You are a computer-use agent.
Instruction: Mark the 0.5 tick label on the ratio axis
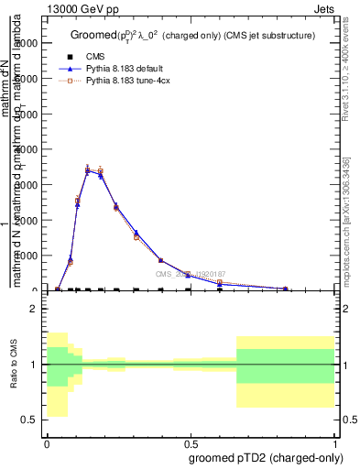(x=30, y=420)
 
